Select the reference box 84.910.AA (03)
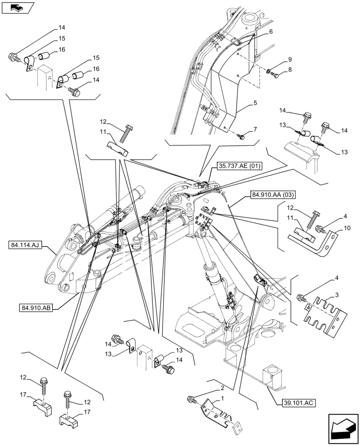pos(272,194)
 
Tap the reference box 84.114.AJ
pos(25,245)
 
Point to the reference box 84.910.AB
pos(36,307)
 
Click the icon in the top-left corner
pos(17,8)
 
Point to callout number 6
pos(270,33)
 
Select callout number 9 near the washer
pos(289,59)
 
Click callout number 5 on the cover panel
pos(255,103)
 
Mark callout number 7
pos(255,129)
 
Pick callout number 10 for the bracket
pos(348,228)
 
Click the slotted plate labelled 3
pos(323,315)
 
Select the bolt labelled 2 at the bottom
pos(192,400)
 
